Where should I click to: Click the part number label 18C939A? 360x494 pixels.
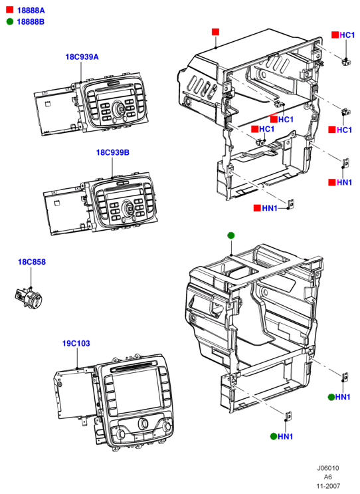(82, 57)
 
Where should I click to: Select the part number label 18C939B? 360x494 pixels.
(112, 152)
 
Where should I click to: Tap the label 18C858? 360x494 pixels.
(31, 262)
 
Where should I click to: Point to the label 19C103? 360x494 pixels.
(76, 343)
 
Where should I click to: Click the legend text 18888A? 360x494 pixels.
(31, 11)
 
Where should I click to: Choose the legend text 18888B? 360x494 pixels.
(31, 22)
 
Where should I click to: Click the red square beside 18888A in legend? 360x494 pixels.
(10, 10)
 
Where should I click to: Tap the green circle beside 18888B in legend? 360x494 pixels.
(10, 21)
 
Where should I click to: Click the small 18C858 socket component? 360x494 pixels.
(29, 297)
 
